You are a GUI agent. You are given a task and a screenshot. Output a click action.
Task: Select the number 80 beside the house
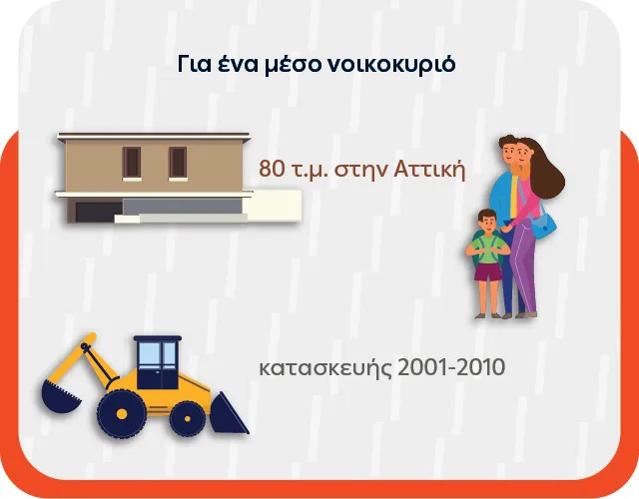coord(272,169)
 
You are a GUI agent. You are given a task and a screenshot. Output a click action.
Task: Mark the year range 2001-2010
coord(451,367)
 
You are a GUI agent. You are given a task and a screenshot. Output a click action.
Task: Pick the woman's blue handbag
coord(544,228)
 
